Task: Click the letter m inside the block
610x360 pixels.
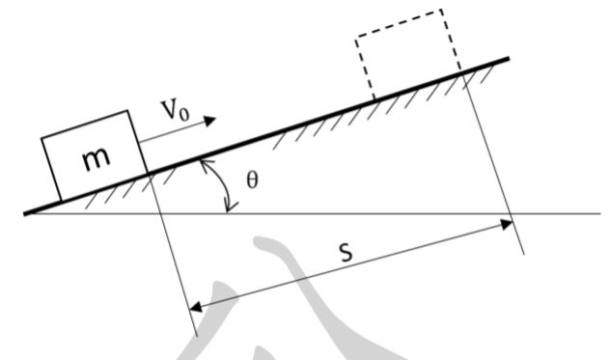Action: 95,159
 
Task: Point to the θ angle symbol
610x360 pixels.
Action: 253,180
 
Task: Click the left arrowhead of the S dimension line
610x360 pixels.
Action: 191,308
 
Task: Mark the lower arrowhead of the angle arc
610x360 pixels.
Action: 228,210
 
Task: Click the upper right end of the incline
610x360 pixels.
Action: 507,60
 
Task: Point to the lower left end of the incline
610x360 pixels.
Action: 25,212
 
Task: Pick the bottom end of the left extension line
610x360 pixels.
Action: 197,334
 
